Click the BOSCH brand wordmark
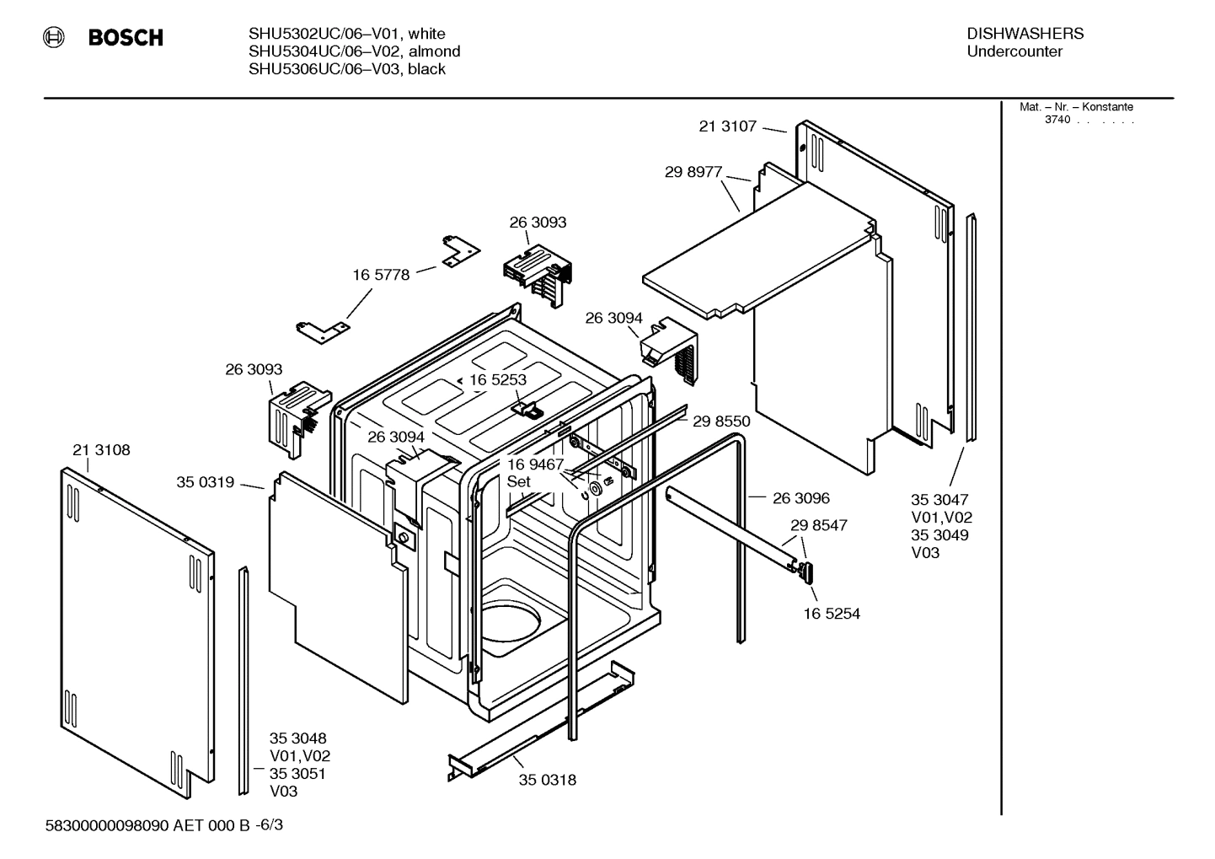pos(126,38)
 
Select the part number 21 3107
pos(728,126)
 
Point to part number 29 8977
pos(693,172)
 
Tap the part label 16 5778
pos(381,275)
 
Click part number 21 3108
pos(101,450)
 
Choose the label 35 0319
pos(205,482)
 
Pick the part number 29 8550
pos(721,421)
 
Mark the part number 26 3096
pos(801,498)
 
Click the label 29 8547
pos(819,525)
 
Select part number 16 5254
pos(832,614)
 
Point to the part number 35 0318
pos(548,780)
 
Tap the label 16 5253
pos(498,379)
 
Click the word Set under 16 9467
pos(519,481)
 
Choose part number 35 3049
pos(939,535)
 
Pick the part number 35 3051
pos(297,774)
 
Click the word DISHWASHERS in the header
pos(1025,34)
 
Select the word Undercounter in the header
pos(1014,51)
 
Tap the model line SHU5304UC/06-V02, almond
pos(354,51)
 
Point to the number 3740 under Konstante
pos(1057,120)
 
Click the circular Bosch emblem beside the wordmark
pos(54,37)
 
